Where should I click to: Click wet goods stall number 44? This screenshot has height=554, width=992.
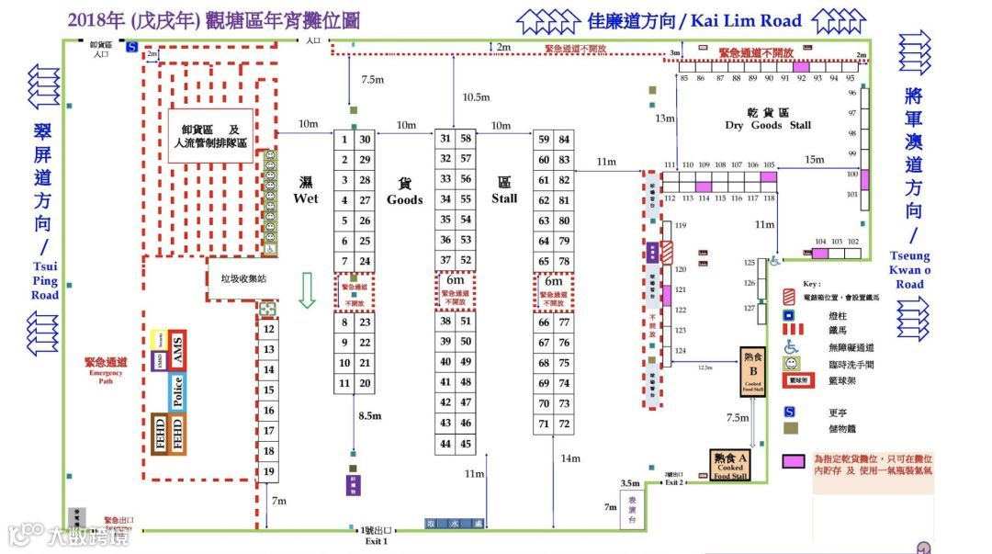(x=445, y=444)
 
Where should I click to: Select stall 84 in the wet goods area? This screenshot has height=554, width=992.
(x=564, y=140)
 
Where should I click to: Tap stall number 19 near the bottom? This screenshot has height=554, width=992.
(x=268, y=471)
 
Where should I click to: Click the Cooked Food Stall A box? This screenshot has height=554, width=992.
(x=730, y=465)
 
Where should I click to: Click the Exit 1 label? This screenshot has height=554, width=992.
(x=375, y=536)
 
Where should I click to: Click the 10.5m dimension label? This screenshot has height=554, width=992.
(x=476, y=96)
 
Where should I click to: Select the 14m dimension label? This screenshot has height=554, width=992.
(x=570, y=458)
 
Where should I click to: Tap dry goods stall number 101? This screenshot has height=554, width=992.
(x=852, y=194)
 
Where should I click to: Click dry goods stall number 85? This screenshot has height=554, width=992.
(x=684, y=79)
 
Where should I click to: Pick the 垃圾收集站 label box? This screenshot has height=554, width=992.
(x=237, y=277)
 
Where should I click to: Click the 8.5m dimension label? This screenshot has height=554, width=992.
(x=370, y=415)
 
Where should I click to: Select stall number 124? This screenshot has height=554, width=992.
(x=681, y=351)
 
